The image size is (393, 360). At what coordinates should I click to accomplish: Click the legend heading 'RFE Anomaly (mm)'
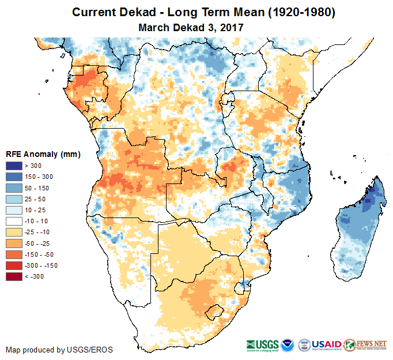(x=43, y=154)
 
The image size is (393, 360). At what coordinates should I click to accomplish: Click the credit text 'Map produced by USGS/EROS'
(x=59, y=350)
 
